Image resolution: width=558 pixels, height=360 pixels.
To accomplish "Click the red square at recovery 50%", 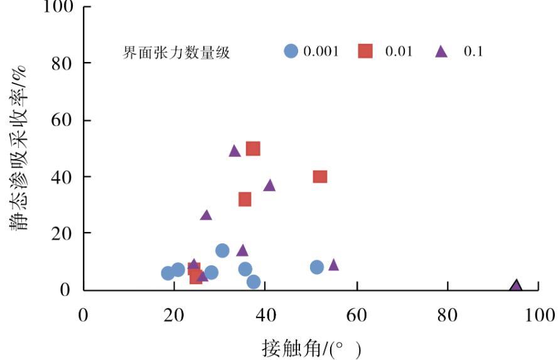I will pos(253,149).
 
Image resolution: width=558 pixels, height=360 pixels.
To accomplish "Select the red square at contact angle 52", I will pos(320,177).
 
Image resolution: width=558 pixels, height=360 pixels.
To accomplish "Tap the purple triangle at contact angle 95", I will pos(516,287).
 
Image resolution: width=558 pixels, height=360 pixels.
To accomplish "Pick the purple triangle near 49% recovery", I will pos(235,151).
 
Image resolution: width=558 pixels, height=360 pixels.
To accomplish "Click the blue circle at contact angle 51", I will pos(317,267).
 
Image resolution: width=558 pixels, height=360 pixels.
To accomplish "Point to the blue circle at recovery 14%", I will pos(222,251).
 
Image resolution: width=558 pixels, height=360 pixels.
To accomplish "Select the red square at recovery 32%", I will pos(245,199).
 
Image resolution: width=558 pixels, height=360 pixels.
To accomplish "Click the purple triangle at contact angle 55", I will pos(333,265).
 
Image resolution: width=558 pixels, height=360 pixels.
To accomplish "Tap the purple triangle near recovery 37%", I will pos(270,186).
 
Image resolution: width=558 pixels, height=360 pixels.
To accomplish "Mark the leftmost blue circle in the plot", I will pos(168,273).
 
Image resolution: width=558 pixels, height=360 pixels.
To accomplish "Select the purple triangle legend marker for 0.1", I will pos(441,52).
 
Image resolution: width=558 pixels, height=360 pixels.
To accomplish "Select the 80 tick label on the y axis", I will pos(62,64).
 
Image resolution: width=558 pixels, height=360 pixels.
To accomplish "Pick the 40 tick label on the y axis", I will pos(62,177).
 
